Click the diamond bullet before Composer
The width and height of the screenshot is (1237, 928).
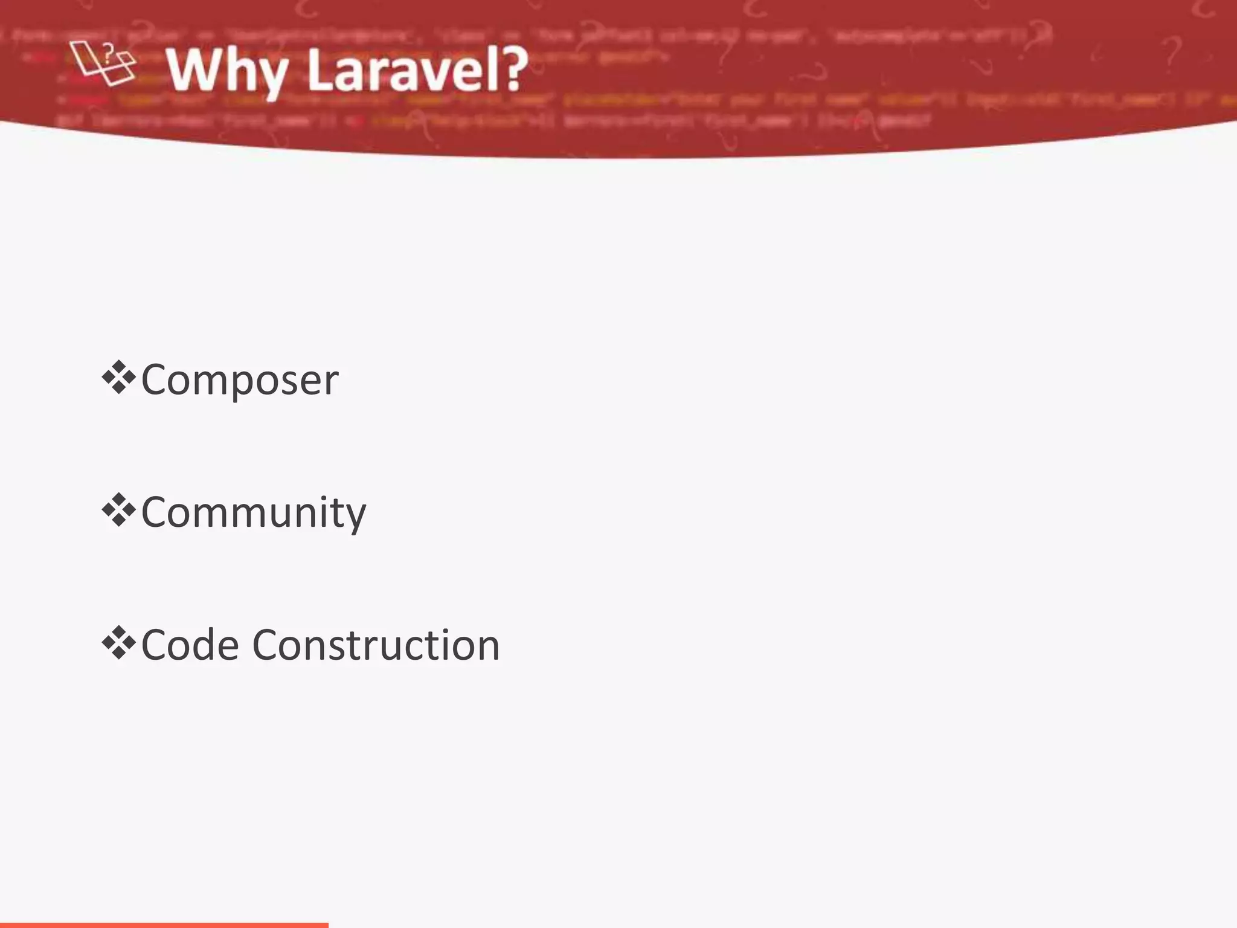pos(118,378)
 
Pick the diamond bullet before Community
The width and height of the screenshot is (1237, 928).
pos(118,511)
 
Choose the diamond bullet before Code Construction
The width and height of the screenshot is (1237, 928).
pos(118,644)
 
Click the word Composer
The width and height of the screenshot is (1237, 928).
pos(240,381)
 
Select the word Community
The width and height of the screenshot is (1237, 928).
pos(253,513)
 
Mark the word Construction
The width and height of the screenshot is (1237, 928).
pos(376,645)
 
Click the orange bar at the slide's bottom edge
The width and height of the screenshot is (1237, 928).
pos(164,924)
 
